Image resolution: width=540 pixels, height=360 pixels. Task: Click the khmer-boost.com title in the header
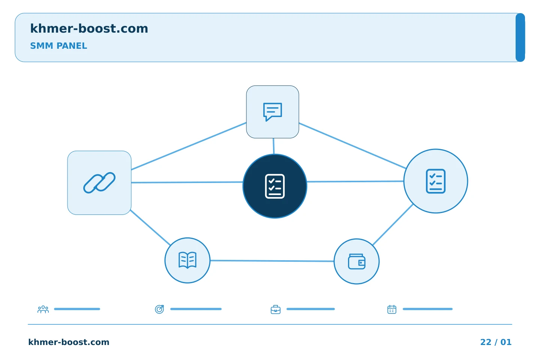tap(89, 29)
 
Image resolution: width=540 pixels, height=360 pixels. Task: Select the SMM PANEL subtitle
tap(58, 46)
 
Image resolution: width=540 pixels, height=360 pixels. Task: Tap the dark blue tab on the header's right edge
tap(520, 37)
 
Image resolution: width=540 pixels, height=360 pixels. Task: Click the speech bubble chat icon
tap(272, 112)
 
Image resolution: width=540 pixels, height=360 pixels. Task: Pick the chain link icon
tap(99, 183)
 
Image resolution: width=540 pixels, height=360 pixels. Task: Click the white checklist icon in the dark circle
tap(274, 186)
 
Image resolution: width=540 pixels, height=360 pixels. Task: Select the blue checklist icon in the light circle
tap(436, 181)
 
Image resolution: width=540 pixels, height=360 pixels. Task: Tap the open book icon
tap(187, 260)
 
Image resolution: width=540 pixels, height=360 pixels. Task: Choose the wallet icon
tap(357, 261)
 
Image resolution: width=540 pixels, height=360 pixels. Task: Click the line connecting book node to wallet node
tap(272, 261)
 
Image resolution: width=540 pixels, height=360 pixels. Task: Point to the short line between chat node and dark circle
tap(274, 146)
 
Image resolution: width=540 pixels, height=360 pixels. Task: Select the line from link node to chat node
tap(189, 146)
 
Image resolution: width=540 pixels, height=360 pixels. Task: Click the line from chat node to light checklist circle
tap(352, 145)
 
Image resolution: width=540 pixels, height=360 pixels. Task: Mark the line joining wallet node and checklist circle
tap(393, 225)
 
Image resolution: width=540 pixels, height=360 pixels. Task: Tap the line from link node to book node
tap(150, 228)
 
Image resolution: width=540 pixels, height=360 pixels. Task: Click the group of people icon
tap(43, 309)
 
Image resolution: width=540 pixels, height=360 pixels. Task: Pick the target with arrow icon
tap(159, 309)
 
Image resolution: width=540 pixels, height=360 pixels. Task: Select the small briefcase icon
tap(276, 309)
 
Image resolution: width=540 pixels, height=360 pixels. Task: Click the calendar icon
tap(392, 309)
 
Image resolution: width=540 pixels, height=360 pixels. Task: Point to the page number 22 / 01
tap(496, 342)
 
